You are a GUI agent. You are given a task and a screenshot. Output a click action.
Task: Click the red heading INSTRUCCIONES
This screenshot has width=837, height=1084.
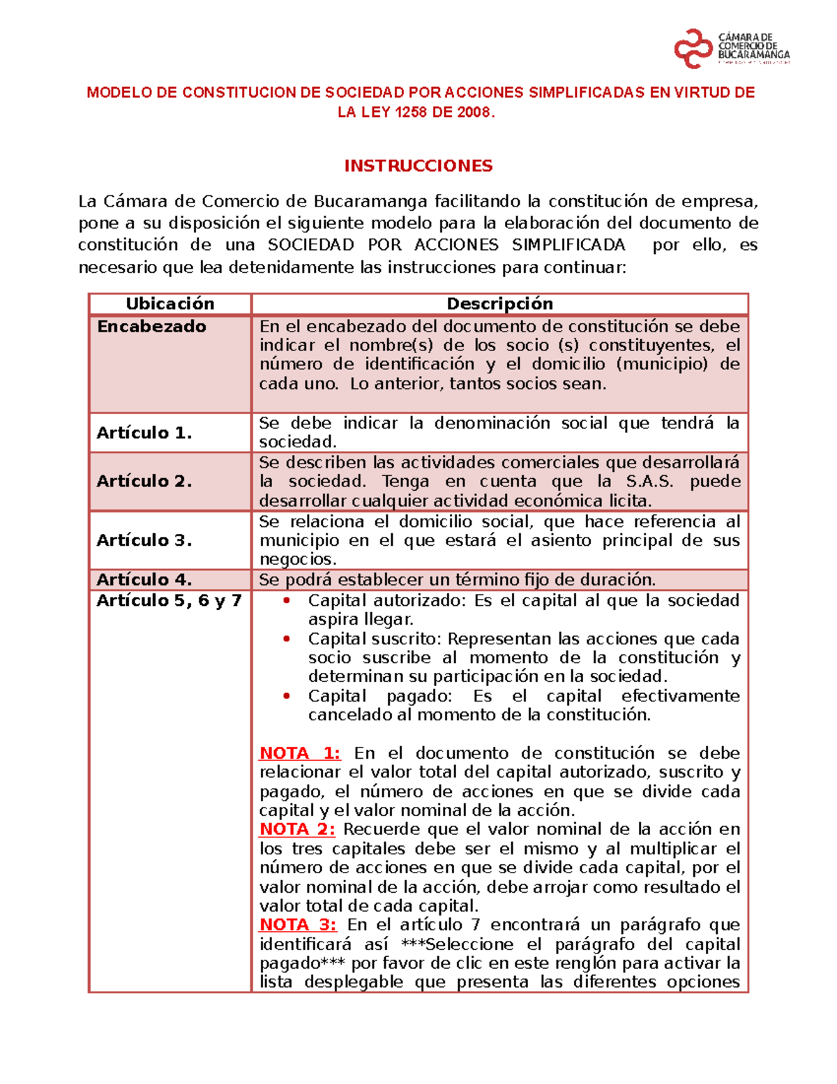pos(418,166)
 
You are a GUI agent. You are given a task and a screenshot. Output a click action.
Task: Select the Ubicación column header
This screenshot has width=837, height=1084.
pos(169,304)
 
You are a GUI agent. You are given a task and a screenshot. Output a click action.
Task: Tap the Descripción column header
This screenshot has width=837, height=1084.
pos(499,304)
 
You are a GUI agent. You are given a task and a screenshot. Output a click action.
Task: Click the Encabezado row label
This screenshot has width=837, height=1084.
pos(151,327)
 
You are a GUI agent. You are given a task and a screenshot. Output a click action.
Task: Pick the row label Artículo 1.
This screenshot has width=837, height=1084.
pos(144,433)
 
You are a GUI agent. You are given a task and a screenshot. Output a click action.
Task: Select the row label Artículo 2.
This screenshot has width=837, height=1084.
pos(144,481)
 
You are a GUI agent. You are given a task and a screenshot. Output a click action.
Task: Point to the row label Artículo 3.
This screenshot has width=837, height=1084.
pos(144,540)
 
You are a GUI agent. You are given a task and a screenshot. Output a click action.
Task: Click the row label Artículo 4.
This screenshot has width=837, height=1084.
pos(144,579)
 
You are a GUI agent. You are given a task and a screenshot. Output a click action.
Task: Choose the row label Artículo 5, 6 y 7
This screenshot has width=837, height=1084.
pos(169,600)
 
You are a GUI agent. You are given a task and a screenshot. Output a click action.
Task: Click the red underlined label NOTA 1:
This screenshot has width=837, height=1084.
pos(299,753)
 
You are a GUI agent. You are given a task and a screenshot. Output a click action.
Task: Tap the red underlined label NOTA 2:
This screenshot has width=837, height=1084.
pos(297,829)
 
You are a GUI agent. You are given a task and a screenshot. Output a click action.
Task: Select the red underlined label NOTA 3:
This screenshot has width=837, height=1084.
pos(298,925)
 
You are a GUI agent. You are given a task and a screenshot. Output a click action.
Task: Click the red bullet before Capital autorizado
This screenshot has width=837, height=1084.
pos(286,601)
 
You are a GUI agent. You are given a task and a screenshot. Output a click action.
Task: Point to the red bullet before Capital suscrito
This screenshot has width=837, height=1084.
pos(286,639)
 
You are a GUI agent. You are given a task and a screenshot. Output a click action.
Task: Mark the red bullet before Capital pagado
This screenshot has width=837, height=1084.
pos(286,697)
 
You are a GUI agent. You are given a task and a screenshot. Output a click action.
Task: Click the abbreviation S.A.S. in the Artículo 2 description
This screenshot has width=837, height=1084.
pos(649,482)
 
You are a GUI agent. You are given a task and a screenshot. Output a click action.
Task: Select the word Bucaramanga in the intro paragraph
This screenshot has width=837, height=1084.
pos(370,202)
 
